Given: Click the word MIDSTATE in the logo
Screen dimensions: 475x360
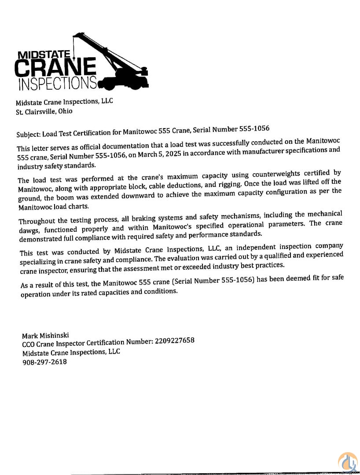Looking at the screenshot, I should pyautogui.click(x=44, y=55).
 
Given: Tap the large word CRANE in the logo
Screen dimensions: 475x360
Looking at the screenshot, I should pyautogui.click(x=55, y=68).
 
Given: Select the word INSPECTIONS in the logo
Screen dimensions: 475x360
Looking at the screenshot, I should pyautogui.click(x=57, y=84).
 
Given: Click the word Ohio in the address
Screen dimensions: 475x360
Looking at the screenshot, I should pyautogui.click(x=65, y=111).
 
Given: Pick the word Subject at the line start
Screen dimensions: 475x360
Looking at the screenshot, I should pyautogui.click(x=29, y=132).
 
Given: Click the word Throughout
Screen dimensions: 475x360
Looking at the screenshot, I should pyautogui.click(x=37, y=220).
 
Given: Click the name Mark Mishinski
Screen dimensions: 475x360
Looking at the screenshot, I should pyautogui.click(x=45, y=335).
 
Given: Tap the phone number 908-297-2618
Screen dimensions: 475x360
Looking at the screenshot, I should pyautogui.click(x=44, y=362).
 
